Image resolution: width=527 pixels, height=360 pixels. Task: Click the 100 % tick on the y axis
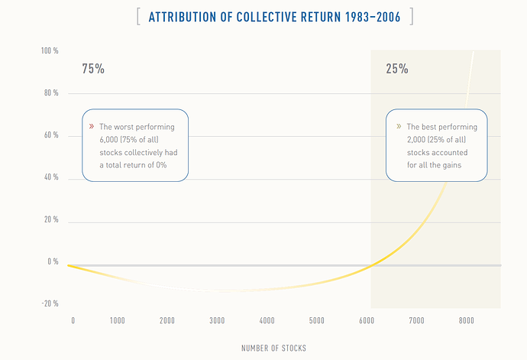click(50, 51)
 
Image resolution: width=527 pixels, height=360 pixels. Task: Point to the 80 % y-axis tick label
click(51, 93)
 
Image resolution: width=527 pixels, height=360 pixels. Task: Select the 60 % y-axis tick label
click(51, 136)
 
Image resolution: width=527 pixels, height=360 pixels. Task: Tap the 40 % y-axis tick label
click(51, 178)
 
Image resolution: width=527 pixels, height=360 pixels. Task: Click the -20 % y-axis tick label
click(50, 303)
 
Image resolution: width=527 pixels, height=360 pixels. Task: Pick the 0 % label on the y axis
click(53, 261)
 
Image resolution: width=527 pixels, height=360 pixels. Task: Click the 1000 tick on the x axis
click(117, 320)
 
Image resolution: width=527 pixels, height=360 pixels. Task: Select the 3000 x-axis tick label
click(217, 320)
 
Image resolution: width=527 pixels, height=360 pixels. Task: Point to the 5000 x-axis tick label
click(317, 320)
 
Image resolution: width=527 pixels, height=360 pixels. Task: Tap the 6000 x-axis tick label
click(367, 320)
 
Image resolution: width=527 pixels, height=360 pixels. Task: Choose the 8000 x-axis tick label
click(467, 320)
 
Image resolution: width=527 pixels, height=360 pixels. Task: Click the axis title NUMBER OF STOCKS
click(274, 349)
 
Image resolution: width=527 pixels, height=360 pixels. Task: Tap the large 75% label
click(93, 69)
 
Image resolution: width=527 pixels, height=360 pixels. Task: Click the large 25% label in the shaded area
click(396, 69)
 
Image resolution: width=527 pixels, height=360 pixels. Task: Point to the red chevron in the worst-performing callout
click(92, 126)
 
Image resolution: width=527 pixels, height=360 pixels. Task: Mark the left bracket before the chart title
click(138, 17)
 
